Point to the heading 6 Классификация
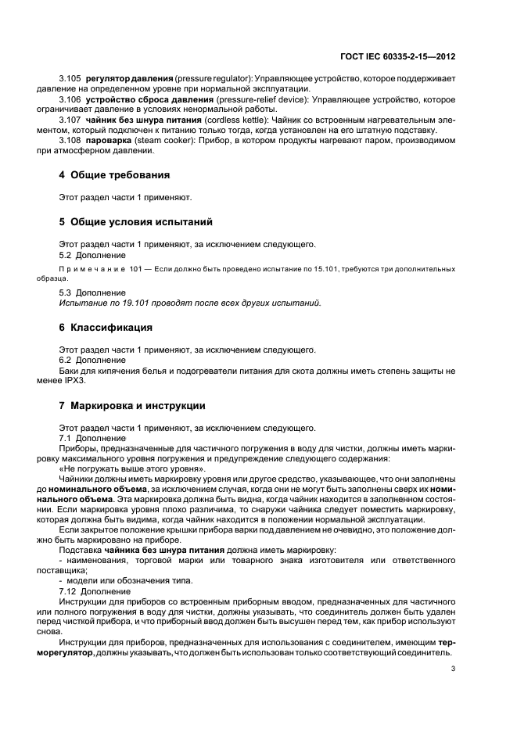point(111,328)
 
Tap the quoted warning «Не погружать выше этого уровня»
point(132,468)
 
